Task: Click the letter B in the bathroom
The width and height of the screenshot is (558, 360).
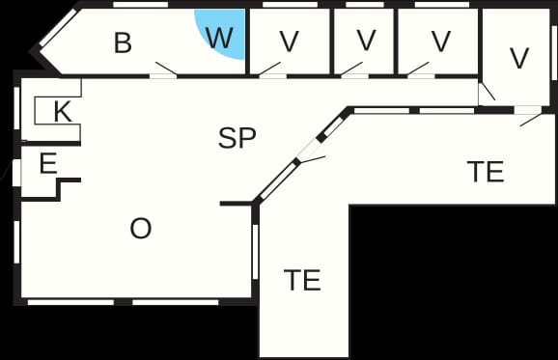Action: point(123,42)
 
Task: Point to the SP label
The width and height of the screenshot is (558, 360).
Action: point(237,138)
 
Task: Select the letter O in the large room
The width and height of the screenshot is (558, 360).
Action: point(141,229)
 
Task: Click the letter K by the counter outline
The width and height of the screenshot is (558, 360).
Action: point(63,112)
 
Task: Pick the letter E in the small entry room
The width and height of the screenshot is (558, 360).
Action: point(48,163)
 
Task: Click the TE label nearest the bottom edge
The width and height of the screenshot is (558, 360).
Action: point(302,280)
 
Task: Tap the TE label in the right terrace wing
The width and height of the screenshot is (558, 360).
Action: point(486,172)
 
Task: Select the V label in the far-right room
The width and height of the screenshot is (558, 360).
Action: point(519,58)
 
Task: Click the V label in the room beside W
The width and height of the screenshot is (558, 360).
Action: point(289,42)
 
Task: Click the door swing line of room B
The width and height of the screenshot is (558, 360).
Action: point(166,69)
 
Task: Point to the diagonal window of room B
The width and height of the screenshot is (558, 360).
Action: point(58,28)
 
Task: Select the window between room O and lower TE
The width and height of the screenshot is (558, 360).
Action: point(255,252)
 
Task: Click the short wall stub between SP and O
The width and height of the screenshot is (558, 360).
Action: point(237,204)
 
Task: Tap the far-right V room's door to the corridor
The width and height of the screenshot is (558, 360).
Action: point(487,92)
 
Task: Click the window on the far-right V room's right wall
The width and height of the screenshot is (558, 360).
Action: point(554,53)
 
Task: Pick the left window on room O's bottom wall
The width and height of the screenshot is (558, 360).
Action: point(70,302)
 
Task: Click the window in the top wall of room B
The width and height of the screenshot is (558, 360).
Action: point(140,5)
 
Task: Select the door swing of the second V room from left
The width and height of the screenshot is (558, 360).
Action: point(351,69)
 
